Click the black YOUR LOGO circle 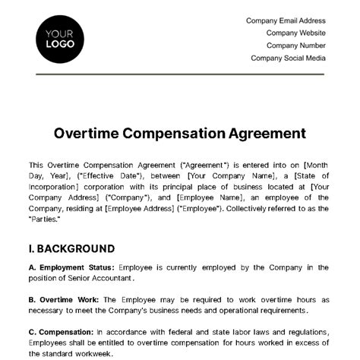[x=59, y=38]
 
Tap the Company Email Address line [x=286, y=21]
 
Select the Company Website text [x=295, y=33]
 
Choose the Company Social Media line [x=288, y=58]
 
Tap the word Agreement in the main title [x=246, y=134]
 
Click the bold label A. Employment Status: [x=71, y=267]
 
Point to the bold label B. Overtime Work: [x=64, y=299]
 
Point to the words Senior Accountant [x=99, y=278]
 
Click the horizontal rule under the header [x=179, y=74]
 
